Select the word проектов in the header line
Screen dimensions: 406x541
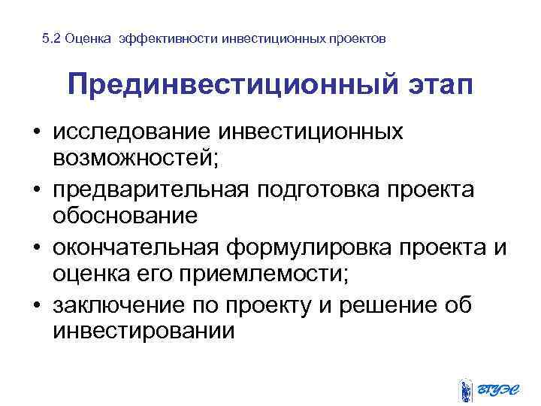tap(358, 38)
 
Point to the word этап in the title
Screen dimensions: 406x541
tap(437, 85)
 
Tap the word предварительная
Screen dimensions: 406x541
tap(150, 190)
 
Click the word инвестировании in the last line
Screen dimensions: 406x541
tap(144, 331)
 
